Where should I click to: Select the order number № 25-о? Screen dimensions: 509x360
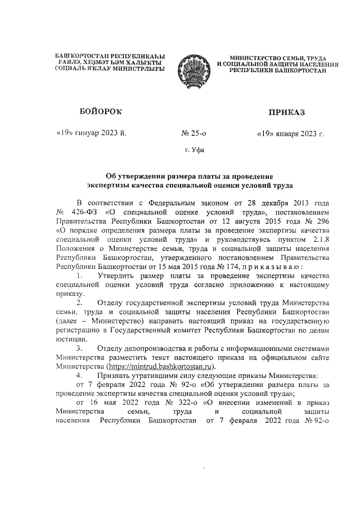(x=194, y=134)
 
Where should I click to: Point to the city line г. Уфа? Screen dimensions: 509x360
(x=195, y=151)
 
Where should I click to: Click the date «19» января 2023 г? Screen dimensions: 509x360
(x=290, y=134)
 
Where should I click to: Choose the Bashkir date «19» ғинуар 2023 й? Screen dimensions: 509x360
(x=92, y=133)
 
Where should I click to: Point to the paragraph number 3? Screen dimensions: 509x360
(x=80, y=348)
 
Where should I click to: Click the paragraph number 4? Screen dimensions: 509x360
(x=80, y=375)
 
